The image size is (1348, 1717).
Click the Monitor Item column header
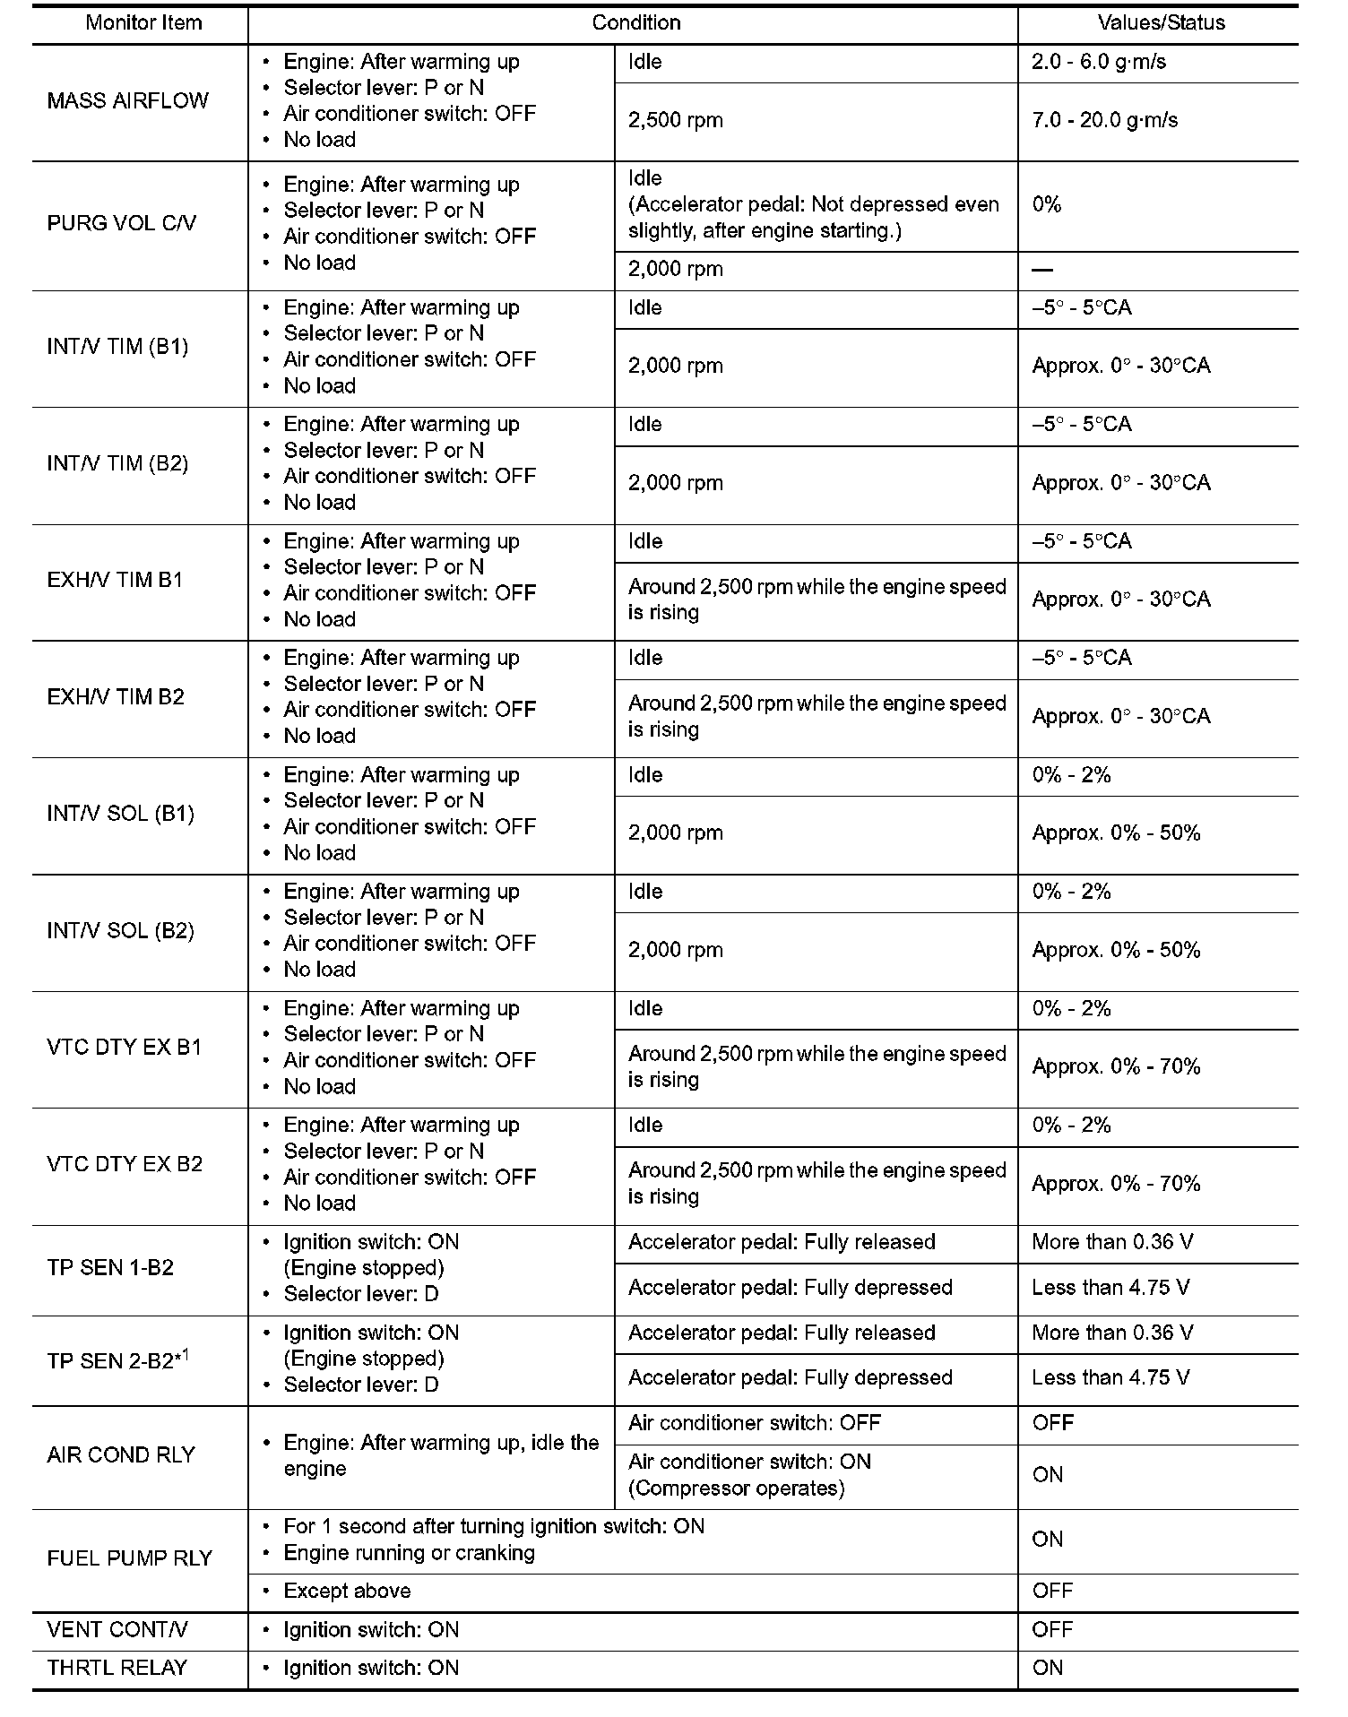click(143, 23)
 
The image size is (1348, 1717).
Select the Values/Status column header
click(1161, 23)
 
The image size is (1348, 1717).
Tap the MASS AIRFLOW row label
click(127, 100)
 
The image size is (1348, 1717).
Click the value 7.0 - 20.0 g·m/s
click(1104, 121)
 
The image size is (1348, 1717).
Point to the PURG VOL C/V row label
click(121, 223)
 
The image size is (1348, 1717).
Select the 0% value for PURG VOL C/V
click(1046, 204)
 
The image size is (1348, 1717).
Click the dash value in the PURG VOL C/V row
click(1042, 270)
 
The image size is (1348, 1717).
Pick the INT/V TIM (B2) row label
click(117, 464)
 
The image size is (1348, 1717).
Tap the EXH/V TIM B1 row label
click(115, 581)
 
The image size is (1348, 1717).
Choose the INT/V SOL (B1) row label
click(120, 815)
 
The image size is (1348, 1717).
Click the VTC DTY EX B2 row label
click(125, 1165)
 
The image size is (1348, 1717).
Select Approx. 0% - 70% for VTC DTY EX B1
click(1116, 1067)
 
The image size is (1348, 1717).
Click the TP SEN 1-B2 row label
click(110, 1269)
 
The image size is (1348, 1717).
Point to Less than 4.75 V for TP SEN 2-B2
click(1110, 1378)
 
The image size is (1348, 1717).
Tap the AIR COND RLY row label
click(121, 1455)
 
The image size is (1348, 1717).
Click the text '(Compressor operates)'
click(737, 1488)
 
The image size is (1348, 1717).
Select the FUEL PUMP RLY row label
click(129, 1558)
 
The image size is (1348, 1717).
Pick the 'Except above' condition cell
click(347, 1592)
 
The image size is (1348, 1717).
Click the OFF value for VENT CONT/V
click(1052, 1630)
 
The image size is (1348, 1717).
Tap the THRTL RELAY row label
click(117, 1669)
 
